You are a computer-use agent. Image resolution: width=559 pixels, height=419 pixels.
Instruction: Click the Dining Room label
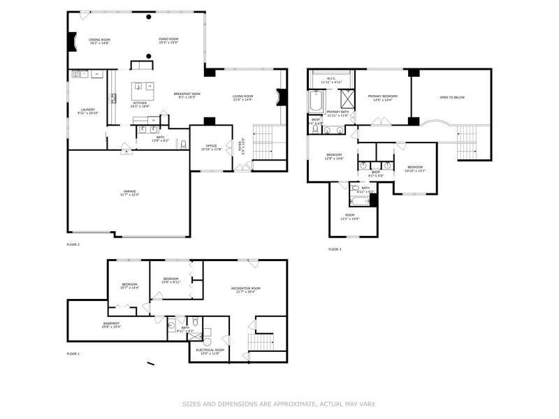99,41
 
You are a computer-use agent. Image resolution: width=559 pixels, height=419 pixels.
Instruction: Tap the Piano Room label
168,41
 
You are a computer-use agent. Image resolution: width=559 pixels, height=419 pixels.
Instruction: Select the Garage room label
130,193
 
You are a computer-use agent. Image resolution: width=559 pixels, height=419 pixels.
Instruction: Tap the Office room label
211,147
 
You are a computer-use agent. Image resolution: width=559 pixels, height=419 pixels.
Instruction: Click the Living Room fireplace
282,97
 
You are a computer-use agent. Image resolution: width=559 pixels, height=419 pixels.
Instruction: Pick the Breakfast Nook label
188,95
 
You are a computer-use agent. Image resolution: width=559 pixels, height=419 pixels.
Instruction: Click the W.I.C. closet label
332,80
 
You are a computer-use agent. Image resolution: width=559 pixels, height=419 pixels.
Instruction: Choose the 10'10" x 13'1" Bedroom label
415,168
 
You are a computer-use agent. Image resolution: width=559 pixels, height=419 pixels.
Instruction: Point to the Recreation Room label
246,290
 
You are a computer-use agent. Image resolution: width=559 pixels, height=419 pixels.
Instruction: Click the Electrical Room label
210,351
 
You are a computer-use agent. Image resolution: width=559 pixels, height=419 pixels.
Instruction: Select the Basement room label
112,325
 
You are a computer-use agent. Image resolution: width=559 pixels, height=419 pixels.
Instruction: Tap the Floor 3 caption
335,249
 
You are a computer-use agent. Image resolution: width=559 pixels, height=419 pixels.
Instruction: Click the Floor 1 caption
73,354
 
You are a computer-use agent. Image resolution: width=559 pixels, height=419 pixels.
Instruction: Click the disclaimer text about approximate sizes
279,404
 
